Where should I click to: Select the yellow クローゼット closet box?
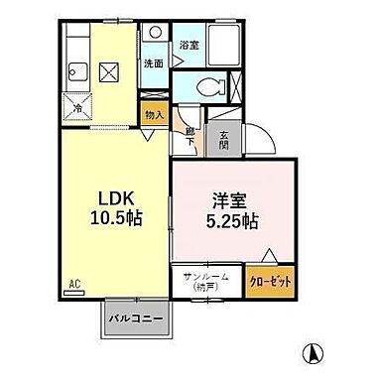coord(271,282)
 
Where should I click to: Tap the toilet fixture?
coord(208,85)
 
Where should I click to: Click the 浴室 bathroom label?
coord(189,46)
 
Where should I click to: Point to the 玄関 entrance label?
coord(224,138)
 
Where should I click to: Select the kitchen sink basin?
coord(77,71)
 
